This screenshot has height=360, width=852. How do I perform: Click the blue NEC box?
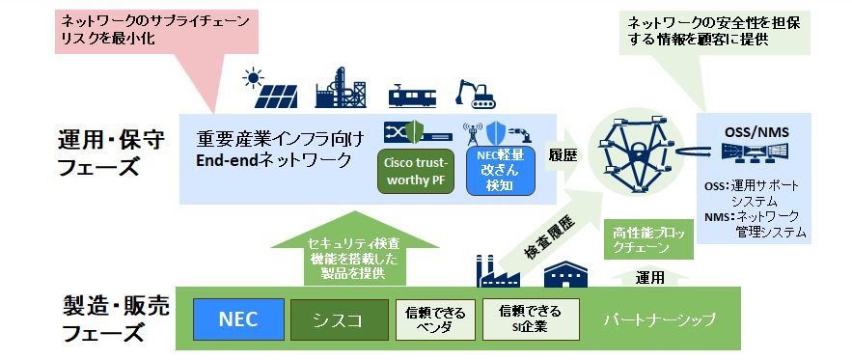(x=238, y=319)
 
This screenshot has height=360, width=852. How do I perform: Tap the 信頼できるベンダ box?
(x=435, y=319)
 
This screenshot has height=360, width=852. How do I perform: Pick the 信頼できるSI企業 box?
(x=531, y=319)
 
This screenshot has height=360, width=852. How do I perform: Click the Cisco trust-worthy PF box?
(x=415, y=171)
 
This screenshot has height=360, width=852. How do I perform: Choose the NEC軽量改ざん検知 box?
(x=501, y=171)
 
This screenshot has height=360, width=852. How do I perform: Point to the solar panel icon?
(x=270, y=89)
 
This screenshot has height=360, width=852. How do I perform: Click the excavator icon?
(x=475, y=94)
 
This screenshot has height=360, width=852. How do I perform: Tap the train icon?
(x=412, y=95)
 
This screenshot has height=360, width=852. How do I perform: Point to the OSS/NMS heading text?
(x=752, y=132)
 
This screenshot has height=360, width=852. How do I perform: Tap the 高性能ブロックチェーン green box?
(x=648, y=239)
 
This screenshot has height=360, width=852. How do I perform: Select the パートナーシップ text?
(x=659, y=319)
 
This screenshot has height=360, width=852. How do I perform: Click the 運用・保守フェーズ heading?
(x=110, y=152)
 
